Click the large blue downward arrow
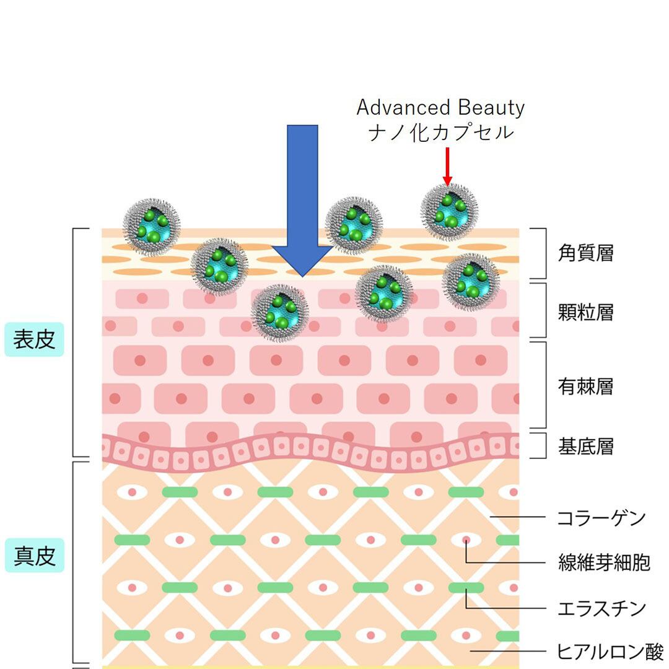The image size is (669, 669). coord(302,204)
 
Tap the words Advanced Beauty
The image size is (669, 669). coord(440,108)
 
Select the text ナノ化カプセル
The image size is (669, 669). coord(440,132)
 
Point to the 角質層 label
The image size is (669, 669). coord(585,253)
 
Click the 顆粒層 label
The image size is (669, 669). coord(585,312)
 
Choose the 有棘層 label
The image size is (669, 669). coord(585,387)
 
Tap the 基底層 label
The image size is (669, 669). coord(585,446)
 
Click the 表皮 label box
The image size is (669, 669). coord(35,339)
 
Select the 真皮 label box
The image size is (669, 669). coord(35,556)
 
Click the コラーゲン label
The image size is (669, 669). coord(601,517)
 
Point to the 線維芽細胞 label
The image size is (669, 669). coord(604,562)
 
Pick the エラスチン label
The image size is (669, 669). coord(601,608)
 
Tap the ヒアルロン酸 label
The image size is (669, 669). coord(610,652)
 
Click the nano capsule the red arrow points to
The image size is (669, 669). coord(449,211)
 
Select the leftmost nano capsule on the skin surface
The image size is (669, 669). coord(152,226)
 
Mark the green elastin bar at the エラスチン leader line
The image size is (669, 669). coord(466,587)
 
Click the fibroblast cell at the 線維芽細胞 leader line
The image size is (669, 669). coord(466,540)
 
